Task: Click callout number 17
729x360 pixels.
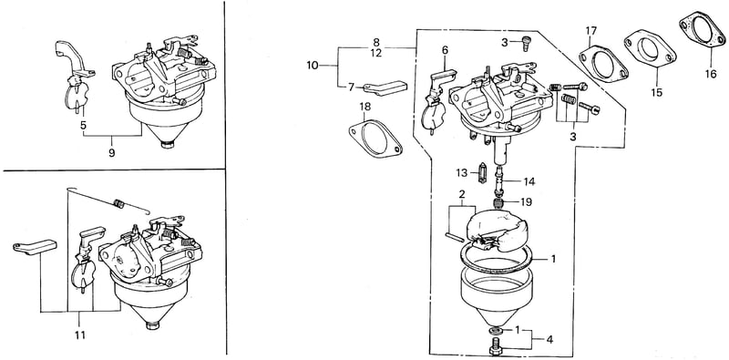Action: [x=590, y=31]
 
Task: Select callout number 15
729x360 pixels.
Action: [x=656, y=92]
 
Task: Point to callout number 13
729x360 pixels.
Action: [x=461, y=173]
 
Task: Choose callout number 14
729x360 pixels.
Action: [x=529, y=181]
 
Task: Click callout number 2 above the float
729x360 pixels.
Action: [x=462, y=193]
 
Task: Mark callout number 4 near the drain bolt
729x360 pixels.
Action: [x=549, y=340]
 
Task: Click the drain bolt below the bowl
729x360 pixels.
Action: [x=497, y=348]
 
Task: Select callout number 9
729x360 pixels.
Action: [x=111, y=152]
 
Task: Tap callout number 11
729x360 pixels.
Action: [x=80, y=334]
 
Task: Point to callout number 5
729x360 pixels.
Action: [x=83, y=125]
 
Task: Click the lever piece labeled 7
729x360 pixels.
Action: [x=385, y=87]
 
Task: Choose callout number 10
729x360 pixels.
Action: [x=313, y=65]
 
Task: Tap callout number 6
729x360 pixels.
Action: [x=445, y=50]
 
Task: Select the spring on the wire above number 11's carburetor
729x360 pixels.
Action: [x=119, y=203]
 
